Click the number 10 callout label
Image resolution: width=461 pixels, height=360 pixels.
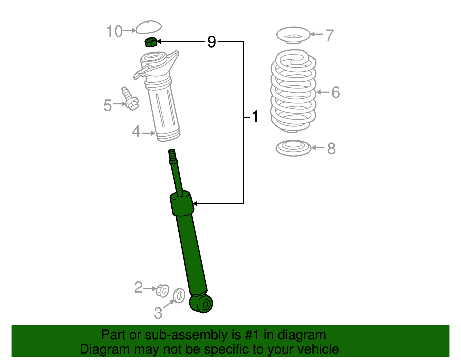114,31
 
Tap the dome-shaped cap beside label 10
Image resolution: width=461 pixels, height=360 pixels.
148,27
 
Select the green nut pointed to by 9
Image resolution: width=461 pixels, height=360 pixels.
150,42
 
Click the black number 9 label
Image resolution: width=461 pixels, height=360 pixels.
211,42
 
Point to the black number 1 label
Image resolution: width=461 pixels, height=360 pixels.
255,117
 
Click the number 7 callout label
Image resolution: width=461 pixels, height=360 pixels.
329,35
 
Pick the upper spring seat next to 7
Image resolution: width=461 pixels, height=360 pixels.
293,35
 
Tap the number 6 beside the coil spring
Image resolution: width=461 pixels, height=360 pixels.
336,93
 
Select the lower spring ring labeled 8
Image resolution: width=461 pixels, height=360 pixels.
293,148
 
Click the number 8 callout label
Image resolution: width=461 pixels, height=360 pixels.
331,148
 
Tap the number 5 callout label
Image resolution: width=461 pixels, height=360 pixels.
107,105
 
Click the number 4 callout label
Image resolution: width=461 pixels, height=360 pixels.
136,132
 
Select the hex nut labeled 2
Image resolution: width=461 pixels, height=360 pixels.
163,291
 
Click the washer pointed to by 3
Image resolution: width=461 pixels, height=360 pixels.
179,295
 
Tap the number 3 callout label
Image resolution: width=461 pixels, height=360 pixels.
158,313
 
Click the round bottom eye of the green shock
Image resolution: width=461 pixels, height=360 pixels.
203,304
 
